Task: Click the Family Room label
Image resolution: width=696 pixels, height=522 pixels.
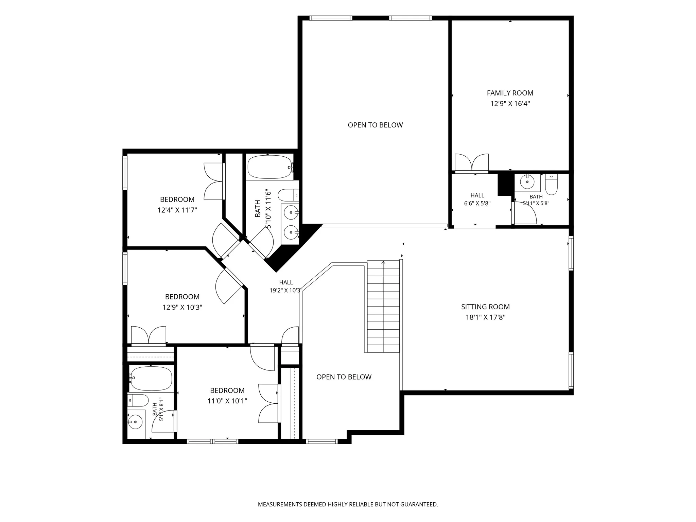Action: [x=510, y=93]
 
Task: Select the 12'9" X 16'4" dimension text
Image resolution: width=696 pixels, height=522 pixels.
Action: [x=510, y=104]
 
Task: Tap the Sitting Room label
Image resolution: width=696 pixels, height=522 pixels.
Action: [x=485, y=307]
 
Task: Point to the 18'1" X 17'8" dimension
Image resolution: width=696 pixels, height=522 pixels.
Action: [x=485, y=317]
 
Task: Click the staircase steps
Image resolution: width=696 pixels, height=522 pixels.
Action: [x=383, y=306]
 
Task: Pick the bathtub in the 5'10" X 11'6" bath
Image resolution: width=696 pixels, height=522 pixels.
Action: [x=270, y=167]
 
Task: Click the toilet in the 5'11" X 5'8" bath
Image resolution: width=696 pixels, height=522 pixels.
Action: [x=551, y=184]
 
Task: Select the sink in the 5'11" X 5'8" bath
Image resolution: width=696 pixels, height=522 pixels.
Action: [x=527, y=182]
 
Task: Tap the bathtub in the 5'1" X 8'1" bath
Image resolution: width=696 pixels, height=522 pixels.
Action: [x=151, y=378]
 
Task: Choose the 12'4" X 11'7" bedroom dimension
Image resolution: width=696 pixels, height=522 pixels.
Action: [x=177, y=210]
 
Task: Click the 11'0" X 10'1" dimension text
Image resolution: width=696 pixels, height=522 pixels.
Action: [x=227, y=401]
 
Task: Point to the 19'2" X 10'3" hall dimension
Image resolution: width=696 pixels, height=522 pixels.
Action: [x=286, y=291]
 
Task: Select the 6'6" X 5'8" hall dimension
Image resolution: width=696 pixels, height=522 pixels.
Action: [x=477, y=204]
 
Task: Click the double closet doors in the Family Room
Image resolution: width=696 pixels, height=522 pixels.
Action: [x=472, y=162]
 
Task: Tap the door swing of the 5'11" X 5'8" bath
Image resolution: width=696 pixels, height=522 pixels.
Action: [x=525, y=213]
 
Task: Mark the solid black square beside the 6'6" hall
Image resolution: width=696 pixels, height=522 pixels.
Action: [x=505, y=184]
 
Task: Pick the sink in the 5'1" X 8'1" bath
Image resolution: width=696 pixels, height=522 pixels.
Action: [x=135, y=422]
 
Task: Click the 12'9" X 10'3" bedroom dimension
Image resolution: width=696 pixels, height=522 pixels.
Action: [x=182, y=308]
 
